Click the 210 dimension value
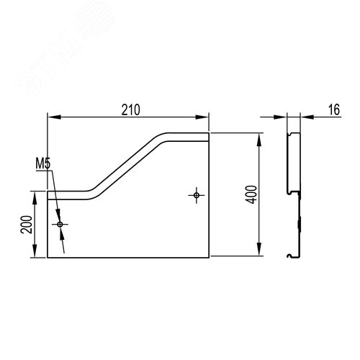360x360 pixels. [130, 110]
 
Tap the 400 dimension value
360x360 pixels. [252, 194]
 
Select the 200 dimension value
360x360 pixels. [27, 225]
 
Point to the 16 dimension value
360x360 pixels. [334, 109]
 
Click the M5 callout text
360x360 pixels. [43, 163]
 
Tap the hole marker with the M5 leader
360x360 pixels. [60, 225]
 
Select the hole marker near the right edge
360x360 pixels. [197, 195]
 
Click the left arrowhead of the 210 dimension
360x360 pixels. [54, 117]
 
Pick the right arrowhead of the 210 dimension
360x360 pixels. [202, 117]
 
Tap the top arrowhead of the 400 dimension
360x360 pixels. [259, 140]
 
